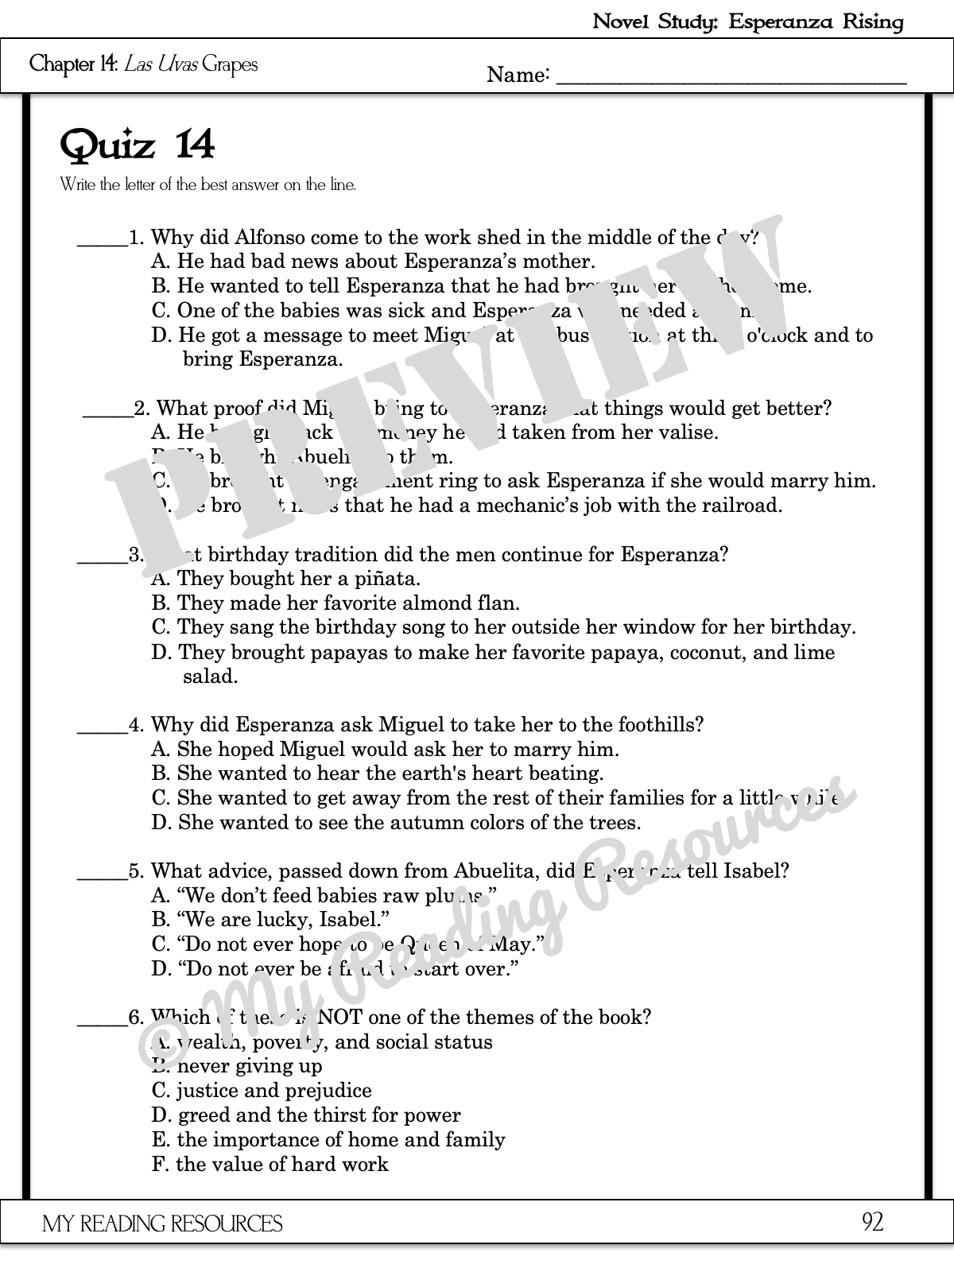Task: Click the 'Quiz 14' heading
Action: tap(138, 145)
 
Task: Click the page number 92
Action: tap(872, 1222)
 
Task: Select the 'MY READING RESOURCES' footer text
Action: tap(162, 1224)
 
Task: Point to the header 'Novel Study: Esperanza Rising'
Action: tap(748, 21)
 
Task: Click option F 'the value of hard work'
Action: tap(270, 1165)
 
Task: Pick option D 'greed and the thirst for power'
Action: tap(306, 1115)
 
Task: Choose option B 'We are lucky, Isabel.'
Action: tap(270, 920)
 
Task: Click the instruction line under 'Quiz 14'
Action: tap(208, 185)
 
